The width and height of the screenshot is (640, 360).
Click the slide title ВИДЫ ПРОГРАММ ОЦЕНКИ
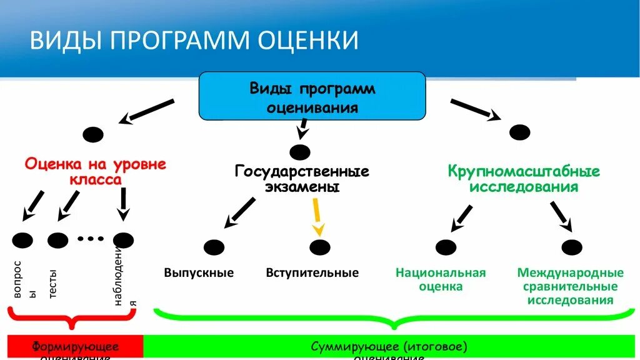click(194, 39)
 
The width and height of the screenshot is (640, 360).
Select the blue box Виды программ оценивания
click(312, 96)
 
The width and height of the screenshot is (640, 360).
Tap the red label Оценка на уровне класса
click(95, 172)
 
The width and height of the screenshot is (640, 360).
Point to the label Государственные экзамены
click(302, 179)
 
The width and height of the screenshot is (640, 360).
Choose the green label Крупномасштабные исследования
click(524, 179)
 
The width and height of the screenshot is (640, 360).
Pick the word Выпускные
click(199, 273)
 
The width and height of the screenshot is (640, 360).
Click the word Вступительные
click(312, 273)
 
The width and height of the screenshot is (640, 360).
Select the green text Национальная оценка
click(441, 280)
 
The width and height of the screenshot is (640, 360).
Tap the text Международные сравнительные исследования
click(570, 286)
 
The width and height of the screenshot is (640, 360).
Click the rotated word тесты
click(52, 283)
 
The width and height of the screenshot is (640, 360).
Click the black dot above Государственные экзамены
click(301, 152)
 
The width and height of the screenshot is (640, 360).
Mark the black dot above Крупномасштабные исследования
click(519, 132)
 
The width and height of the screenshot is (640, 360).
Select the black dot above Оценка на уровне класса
click(93, 134)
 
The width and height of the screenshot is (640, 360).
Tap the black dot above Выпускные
click(213, 247)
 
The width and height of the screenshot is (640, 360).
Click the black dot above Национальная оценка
click(446, 247)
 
